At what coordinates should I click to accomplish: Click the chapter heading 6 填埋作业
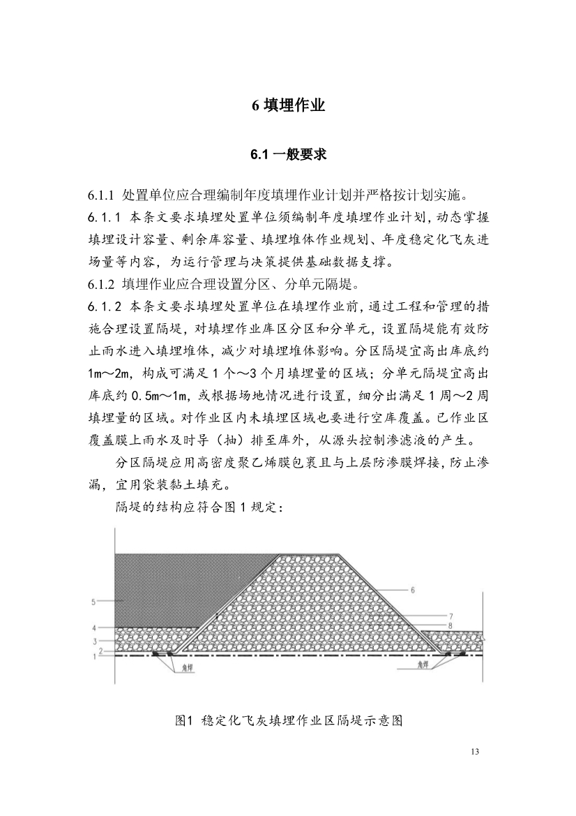pos(288,106)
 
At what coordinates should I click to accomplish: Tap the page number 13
pos(476,752)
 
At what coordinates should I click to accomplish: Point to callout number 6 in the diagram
pos(413,590)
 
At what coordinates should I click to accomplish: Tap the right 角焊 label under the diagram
pos(422,667)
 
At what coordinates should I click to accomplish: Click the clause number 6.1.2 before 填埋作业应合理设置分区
pos(100,284)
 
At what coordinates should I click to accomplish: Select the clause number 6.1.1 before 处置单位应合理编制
pos(100,193)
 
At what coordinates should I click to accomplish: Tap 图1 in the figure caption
pos(183,720)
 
